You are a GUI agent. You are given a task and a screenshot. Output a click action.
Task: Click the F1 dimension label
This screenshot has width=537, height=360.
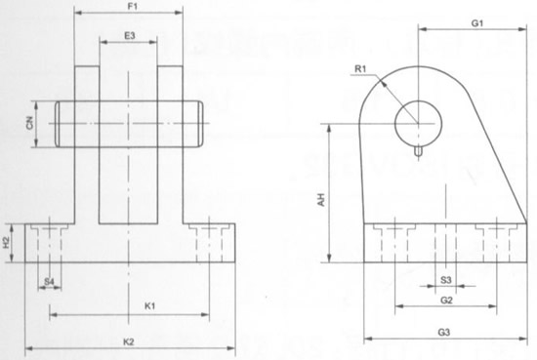[x=133, y=7]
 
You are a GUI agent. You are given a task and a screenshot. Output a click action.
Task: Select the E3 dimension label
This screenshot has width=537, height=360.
[x=130, y=35]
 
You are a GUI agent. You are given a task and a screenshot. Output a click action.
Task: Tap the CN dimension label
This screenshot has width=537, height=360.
[x=30, y=123]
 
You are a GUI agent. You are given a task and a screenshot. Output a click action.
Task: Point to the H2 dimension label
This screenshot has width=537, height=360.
[x=7, y=243]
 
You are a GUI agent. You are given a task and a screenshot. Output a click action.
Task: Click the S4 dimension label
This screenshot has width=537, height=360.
[x=50, y=282]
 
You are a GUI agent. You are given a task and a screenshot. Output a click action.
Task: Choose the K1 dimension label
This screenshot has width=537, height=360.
[x=149, y=306]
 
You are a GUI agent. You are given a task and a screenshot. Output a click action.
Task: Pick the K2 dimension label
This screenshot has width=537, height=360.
[x=129, y=341]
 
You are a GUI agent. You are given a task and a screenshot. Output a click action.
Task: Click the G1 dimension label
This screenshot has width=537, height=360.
[x=477, y=23]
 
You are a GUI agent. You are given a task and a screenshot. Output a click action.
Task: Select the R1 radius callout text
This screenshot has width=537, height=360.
[x=360, y=69]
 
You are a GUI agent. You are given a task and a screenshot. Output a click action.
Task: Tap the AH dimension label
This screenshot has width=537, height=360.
[x=321, y=199]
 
